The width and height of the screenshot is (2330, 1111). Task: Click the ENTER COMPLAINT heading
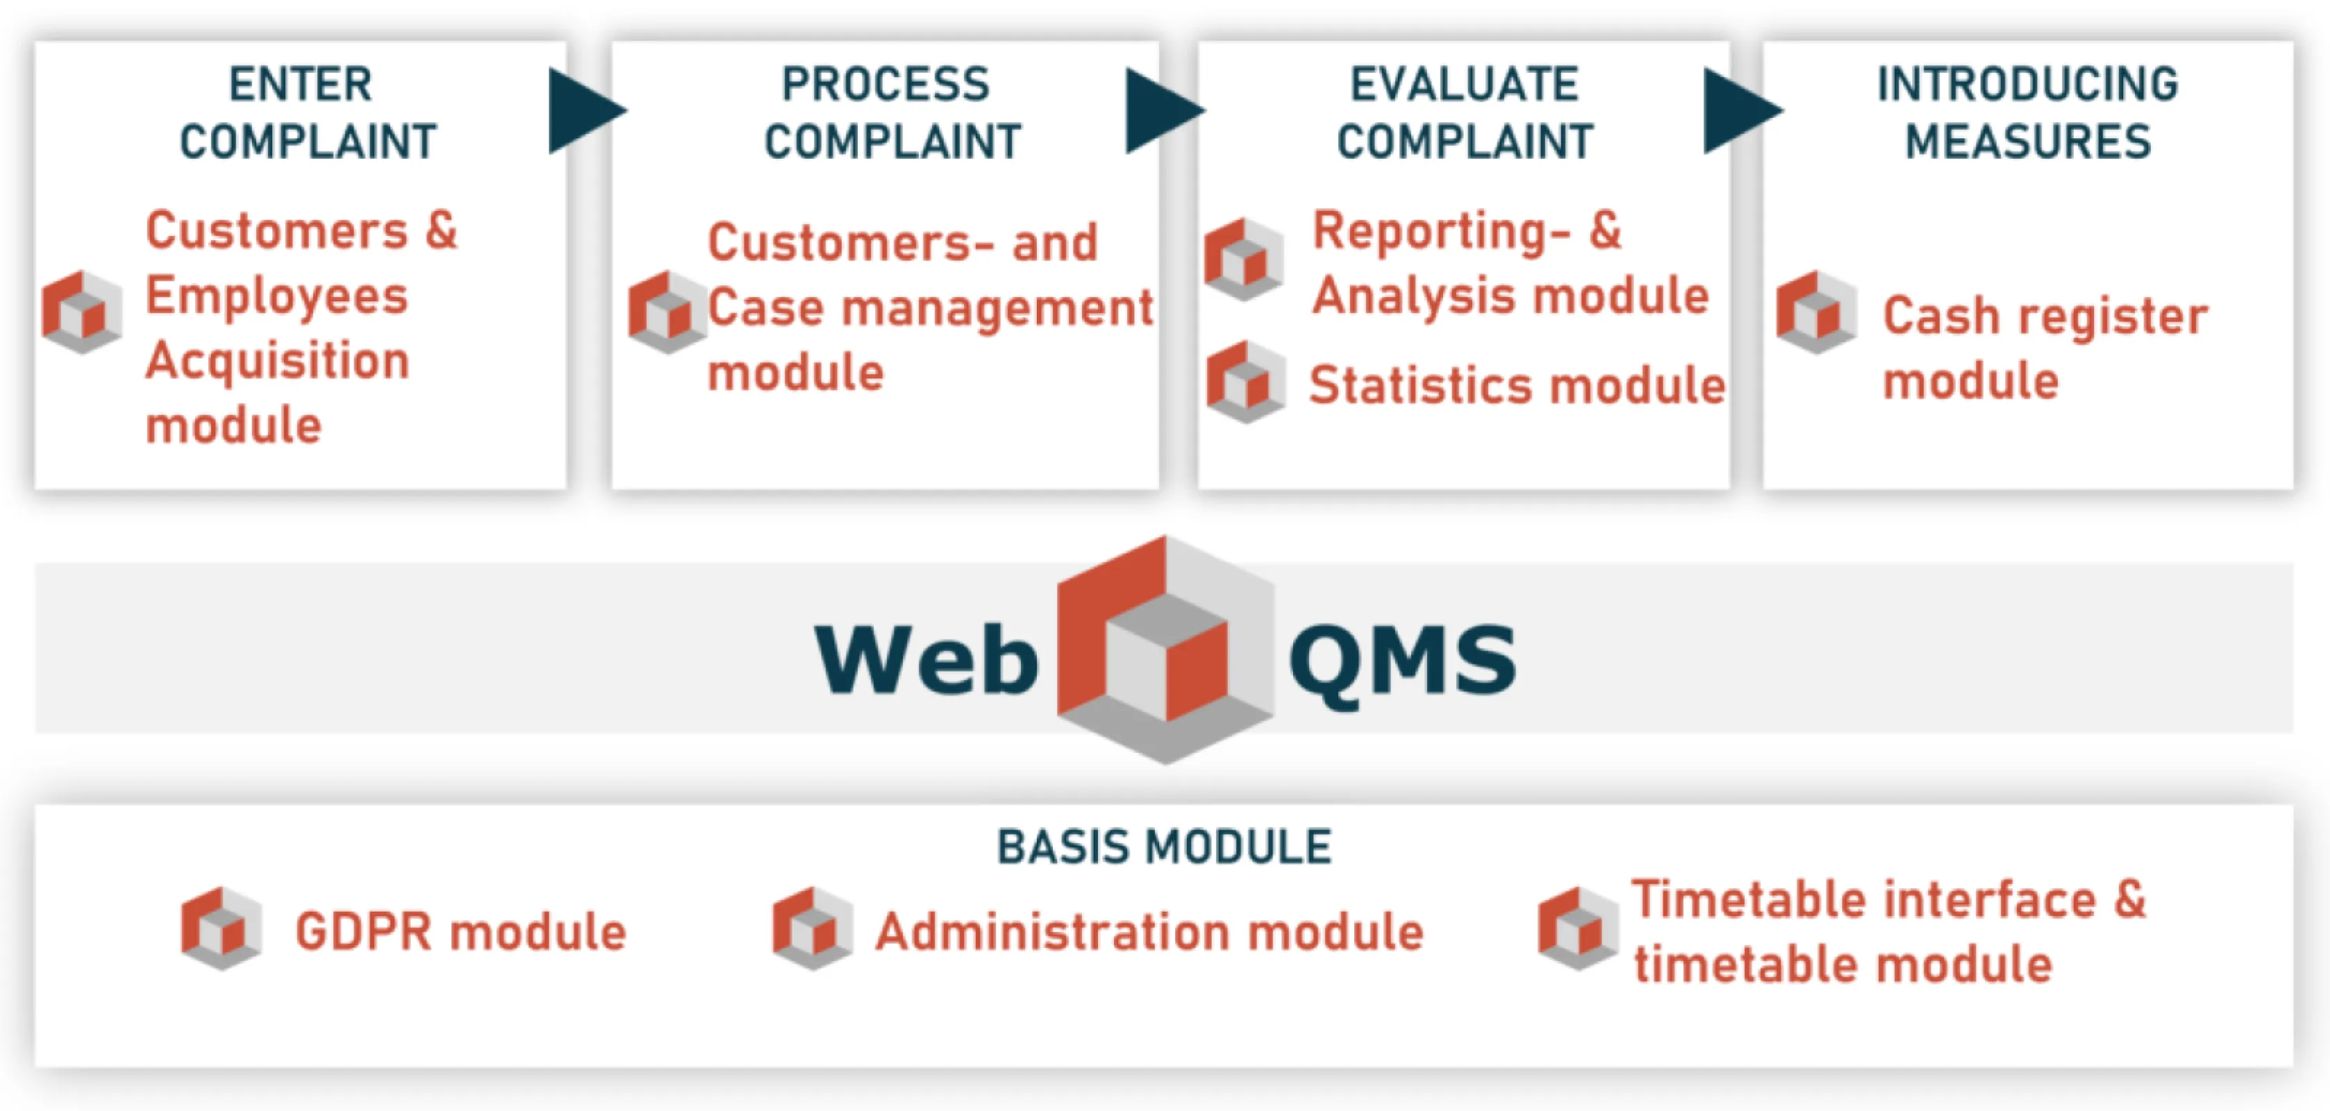(x=308, y=113)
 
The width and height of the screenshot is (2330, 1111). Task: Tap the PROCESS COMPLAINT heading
(x=892, y=113)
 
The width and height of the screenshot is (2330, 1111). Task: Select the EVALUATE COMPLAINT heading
(x=1465, y=113)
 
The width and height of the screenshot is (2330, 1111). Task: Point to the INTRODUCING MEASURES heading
(x=2028, y=113)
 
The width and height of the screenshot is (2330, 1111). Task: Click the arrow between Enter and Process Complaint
(x=583, y=111)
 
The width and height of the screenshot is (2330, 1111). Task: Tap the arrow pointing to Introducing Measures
(x=1740, y=111)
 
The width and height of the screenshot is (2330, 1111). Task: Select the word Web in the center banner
(x=926, y=660)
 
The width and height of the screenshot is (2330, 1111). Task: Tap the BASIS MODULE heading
(x=1164, y=848)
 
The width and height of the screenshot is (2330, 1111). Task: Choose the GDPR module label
(x=460, y=932)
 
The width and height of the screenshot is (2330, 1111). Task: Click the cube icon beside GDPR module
(x=222, y=928)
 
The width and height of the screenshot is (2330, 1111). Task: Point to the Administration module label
(x=1149, y=932)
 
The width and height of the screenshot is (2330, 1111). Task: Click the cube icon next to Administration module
(x=813, y=928)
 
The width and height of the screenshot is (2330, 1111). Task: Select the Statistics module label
(x=1517, y=385)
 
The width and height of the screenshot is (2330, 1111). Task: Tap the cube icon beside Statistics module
(x=1245, y=382)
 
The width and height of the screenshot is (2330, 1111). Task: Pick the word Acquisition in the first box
(x=278, y=362)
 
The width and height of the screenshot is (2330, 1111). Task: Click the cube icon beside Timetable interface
(x=1577, y=928)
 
